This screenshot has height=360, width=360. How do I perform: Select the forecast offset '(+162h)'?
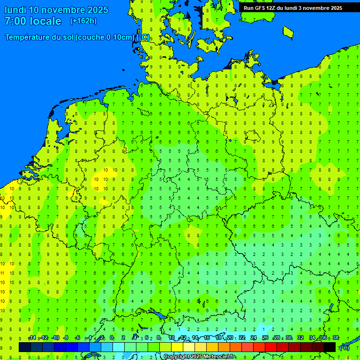click(x=83, y=21)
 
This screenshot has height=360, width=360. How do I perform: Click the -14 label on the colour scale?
click(x=32, y=338)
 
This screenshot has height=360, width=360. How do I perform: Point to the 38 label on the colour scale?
click(x=336, y=338)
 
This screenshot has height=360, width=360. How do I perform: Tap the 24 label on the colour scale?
click(x=254, y=338)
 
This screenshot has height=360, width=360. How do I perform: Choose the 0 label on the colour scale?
click(x=112, y=338)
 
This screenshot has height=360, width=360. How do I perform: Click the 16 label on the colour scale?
click(x=206, y=338)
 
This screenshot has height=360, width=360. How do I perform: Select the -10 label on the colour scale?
click(x=55, y=338)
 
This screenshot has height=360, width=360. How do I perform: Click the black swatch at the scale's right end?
click(x=330, y=347)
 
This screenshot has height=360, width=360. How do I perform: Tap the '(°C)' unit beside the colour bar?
click(x=344, y=347)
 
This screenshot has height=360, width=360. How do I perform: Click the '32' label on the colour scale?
click(x=300, y=338)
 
